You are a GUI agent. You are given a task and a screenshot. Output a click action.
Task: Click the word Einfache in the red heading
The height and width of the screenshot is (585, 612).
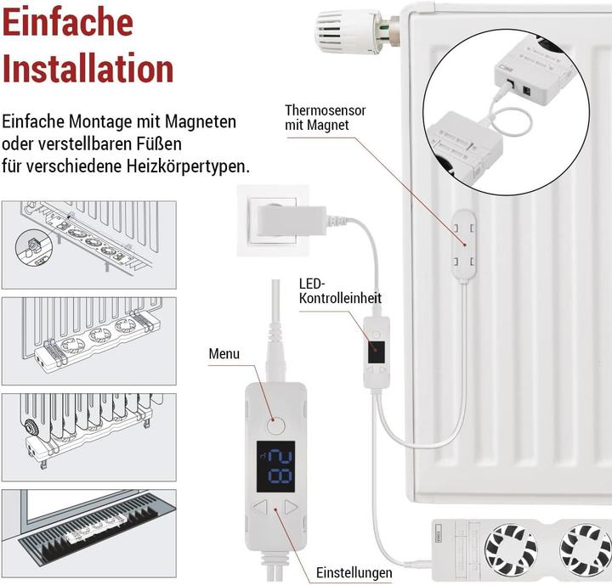click(x=68, y=23)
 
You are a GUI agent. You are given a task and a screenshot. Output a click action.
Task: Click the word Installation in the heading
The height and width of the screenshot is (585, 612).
click(x=88, y=68)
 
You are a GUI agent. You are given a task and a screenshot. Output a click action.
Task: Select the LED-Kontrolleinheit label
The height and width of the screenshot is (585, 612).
click(x=340, y=290)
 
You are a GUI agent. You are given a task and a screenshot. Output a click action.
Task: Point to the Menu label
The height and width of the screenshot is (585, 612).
click(x=224, y=353)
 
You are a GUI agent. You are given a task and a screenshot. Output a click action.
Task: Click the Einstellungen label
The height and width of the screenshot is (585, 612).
click(x=354, y=572)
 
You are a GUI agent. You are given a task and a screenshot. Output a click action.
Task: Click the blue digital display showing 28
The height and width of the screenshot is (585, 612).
click(x=276, y=464)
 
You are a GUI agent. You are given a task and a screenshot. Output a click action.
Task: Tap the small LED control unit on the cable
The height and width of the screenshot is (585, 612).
click(x=376, y=351)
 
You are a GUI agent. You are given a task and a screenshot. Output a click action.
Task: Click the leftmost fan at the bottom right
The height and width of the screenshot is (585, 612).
click(x=512, y=547)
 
